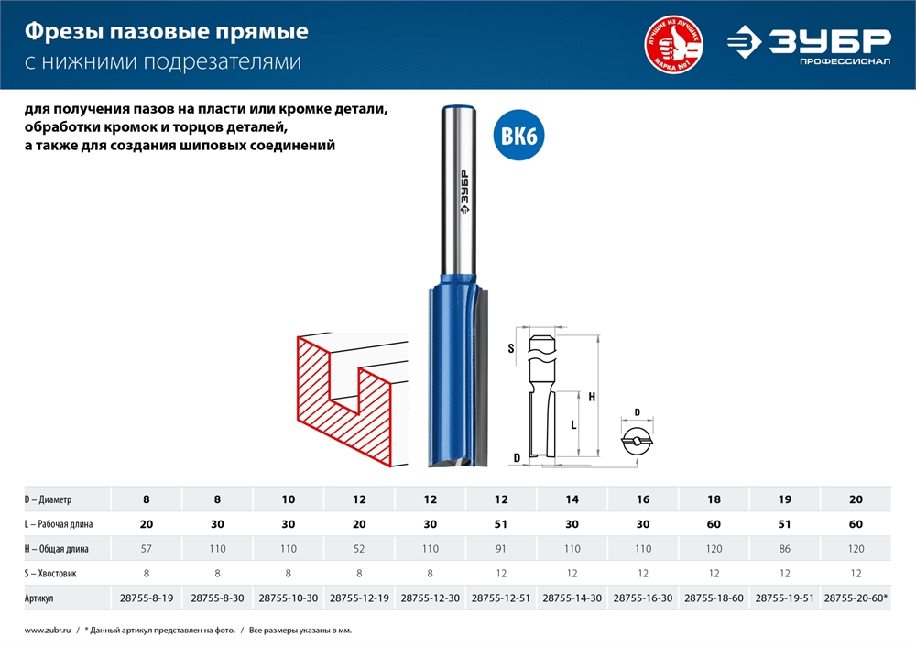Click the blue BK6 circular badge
pos(518,137)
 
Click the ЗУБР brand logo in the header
pos(810,43)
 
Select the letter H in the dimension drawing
pos(592,397)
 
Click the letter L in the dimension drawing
pos(572,425)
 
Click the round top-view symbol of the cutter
pos(638,442)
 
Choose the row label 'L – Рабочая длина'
pos(59,524)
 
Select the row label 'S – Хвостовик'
pos(51,573)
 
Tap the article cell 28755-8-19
pos(147,598)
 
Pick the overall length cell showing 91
pos(502,548)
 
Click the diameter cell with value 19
pos(785,499)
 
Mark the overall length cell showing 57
pos(147,548)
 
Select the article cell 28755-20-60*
pos(856,598)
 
